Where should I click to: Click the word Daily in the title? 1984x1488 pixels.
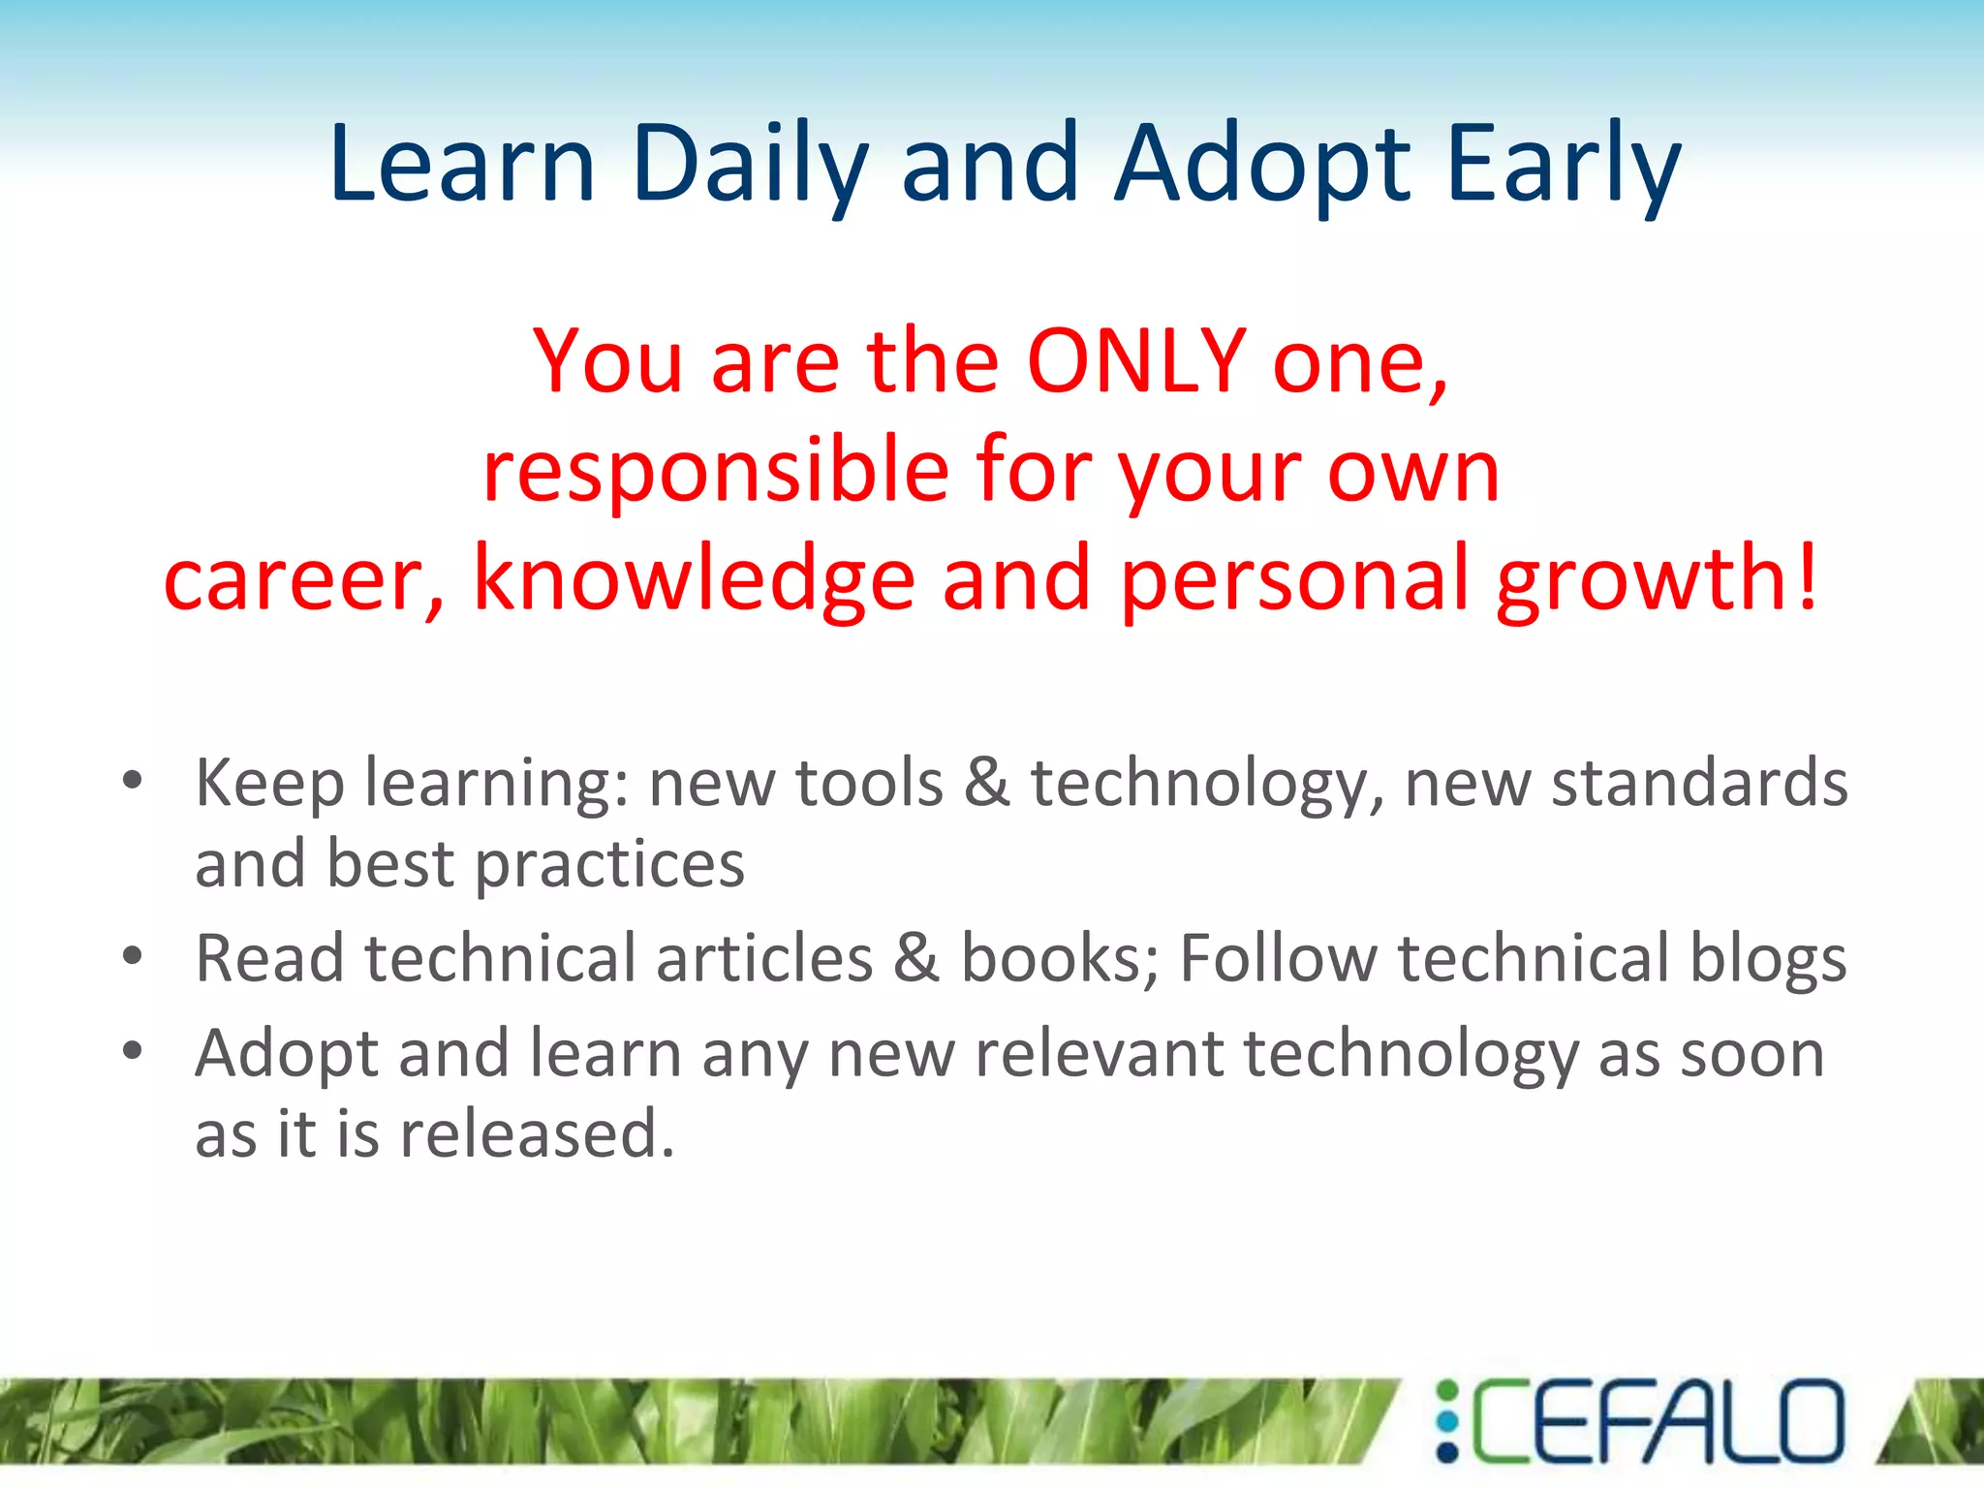pyautogui.click(x=751, y=165)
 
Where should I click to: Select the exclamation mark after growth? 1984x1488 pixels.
pyautogui.click(x=1807, y=579)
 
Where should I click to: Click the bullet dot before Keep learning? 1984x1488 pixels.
pyautogui.click(x=133, y=780)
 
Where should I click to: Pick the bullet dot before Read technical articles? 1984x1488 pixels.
pyautogui.click(x=133, y=956)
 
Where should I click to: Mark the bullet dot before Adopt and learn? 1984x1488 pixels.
pyautogui.click(x=133, y=1050)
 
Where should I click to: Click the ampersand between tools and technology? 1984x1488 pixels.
pyautogui.click(x=986, y=783)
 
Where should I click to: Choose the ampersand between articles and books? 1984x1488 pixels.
pyautogui.click(x=915, y=959)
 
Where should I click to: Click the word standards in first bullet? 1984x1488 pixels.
pyautogui.click(x=1699, y=783)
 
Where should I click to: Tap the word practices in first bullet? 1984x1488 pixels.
pyautogui.click(x=609, y=865)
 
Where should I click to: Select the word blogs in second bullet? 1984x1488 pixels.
pyautogui.click(x=1768, y=959)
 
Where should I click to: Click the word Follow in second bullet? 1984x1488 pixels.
pyautogui.click(x=1278, y=959)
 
